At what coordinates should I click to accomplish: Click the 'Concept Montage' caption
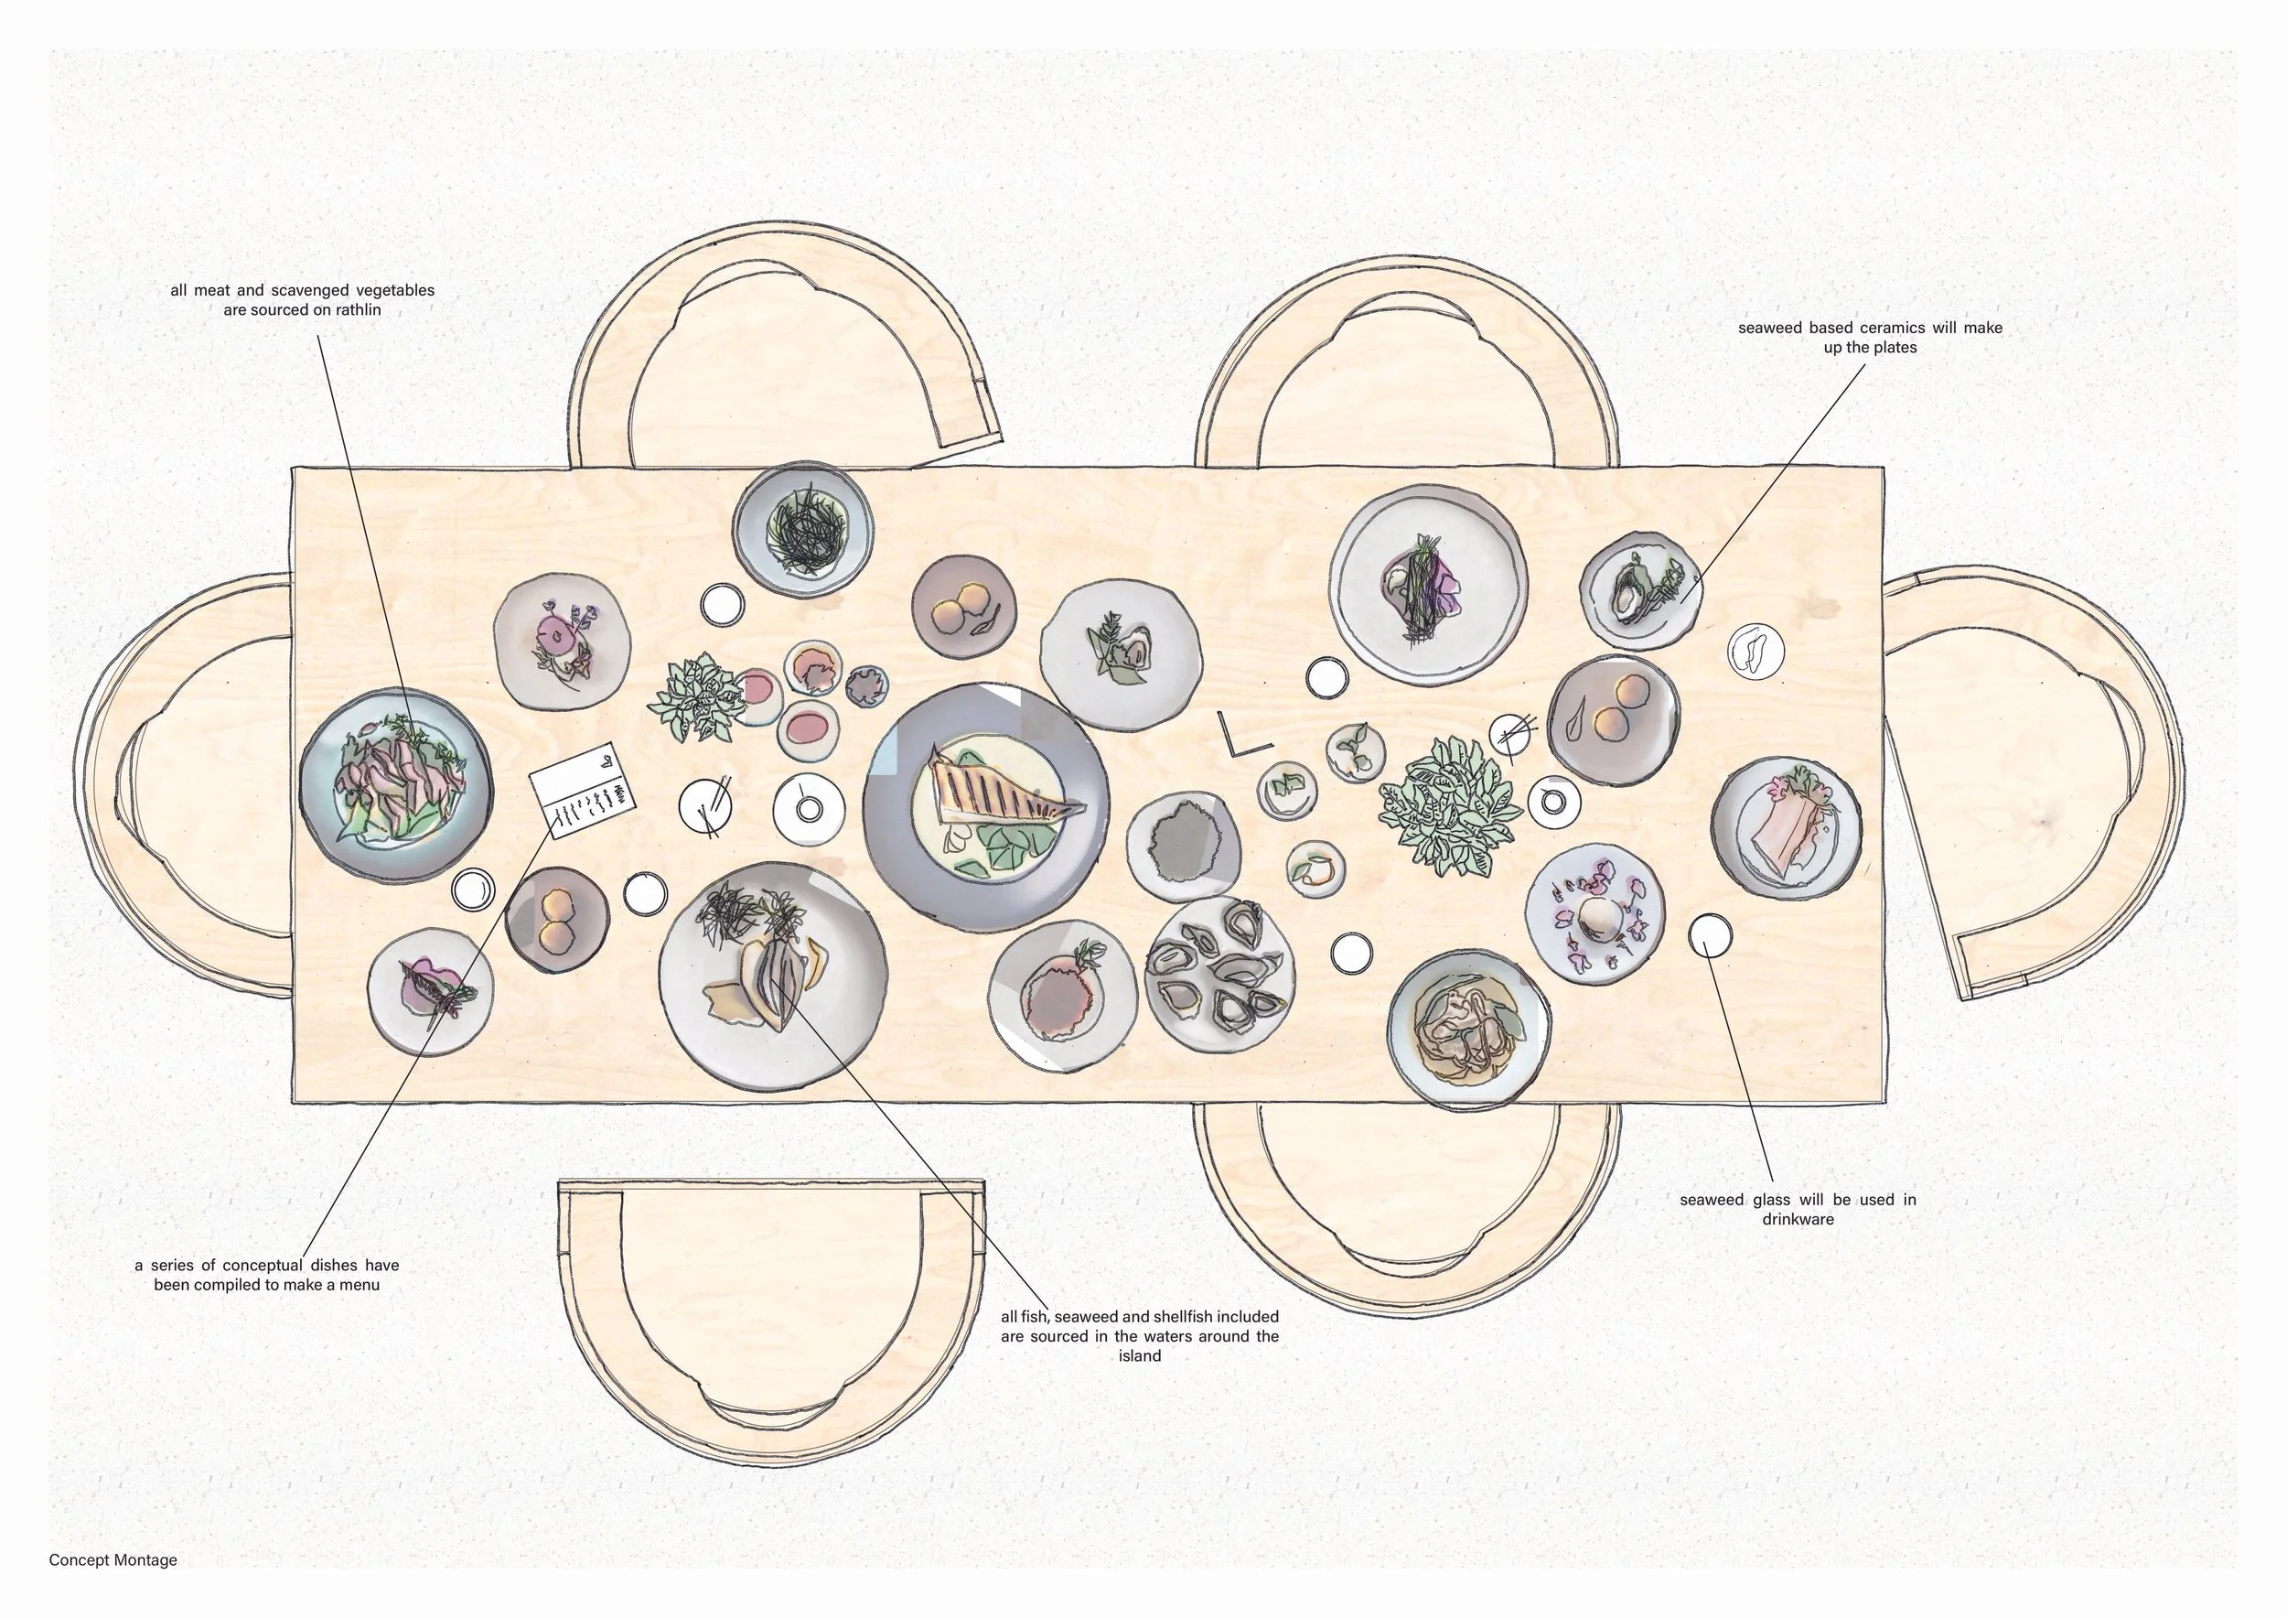pyautogui.click(x=113, y=1560)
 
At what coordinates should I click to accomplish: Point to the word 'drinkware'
pyautogui.click(x=1797, y=1220)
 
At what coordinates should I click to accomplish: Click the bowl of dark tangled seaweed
pyautogui.click(x=803, y=528)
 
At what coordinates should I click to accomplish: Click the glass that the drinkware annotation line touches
pyautogui.click(x=1709, y=934)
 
